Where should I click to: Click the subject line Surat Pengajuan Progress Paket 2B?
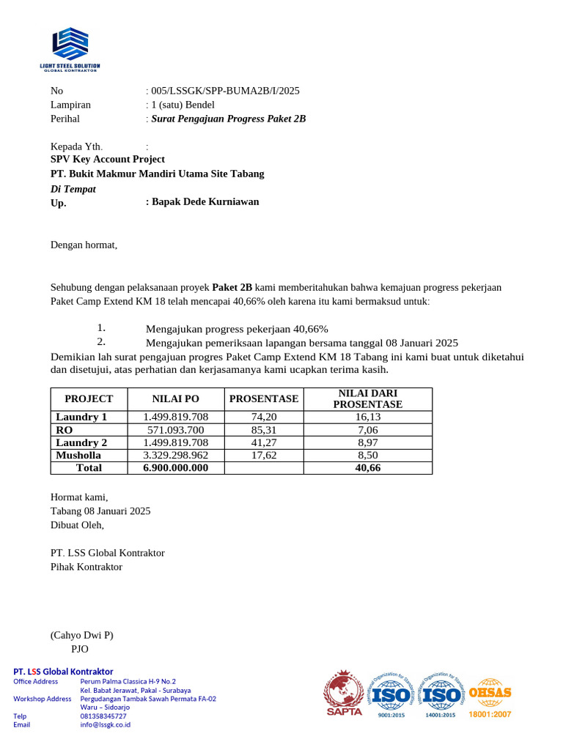point(228,119)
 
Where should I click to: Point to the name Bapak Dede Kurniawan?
point(205,201)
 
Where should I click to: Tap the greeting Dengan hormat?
point(84,245)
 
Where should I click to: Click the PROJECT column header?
point(89,399)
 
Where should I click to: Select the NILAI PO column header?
point(175,399)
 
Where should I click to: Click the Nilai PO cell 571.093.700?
point(176,430)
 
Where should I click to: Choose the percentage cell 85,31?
point(264,430)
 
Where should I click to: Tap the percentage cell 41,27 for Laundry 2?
point(264,442)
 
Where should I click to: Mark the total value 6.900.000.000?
point(176,467)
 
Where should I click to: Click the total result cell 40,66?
point(367,467)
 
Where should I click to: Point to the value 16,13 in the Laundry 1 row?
point(367,417)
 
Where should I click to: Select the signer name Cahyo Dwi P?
point(81,635)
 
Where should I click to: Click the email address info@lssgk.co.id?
point(106,724)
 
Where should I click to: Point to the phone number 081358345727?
point(103,716)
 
